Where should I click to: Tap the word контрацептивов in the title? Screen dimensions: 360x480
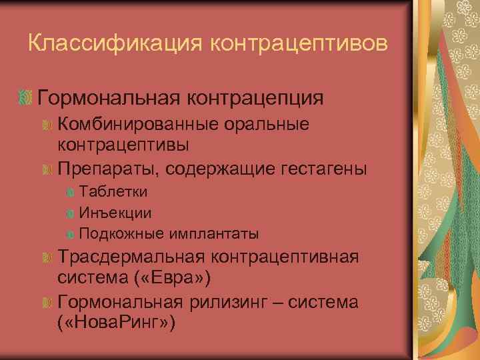click(299, 44)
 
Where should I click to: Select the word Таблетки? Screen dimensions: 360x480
click(113, 192)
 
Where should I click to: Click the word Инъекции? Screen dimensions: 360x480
click(115, 213)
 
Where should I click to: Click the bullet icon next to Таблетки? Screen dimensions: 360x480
click(71, 193)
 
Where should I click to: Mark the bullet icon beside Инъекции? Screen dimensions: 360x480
click(71, 214)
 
